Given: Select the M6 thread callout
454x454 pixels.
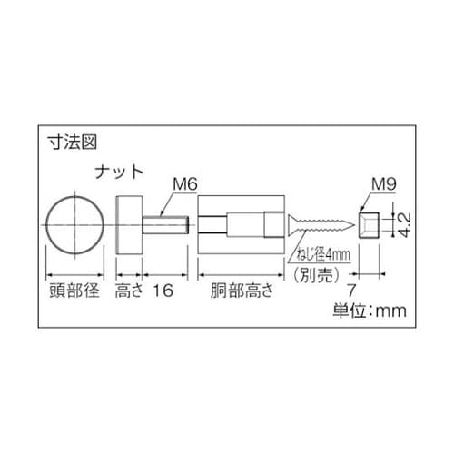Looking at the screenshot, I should (185, 184).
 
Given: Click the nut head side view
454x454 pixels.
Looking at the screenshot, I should (129, 223).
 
